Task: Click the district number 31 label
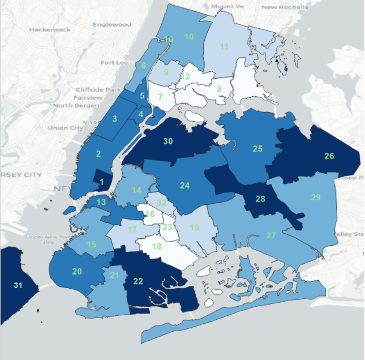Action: pos(18,286)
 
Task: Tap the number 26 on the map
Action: pos(329,156)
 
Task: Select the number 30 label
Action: pos(168,141)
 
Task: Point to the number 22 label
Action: pos(138,281)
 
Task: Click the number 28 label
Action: pos(260,199)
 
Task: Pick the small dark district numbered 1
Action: pos(102,182)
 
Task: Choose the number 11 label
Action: pos(224,46)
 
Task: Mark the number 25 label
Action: pos(257,149)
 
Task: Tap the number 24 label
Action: pos(185,185)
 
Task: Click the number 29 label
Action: pos(316,197)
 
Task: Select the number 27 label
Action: pos(271,235)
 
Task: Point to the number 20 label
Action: pos(77,272)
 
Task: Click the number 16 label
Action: pos(150,214)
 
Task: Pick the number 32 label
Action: pos(162,203)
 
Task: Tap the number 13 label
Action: pos(101,202)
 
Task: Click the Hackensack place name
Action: pos(48,29)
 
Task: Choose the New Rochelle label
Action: pos(285,7)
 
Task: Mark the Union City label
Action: pos(65,127)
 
